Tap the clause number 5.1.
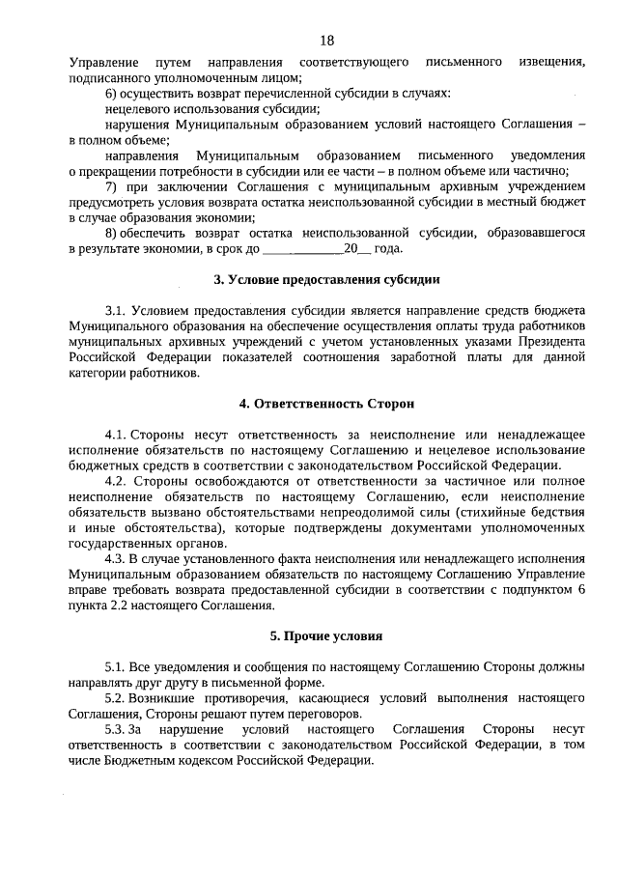[116, 667]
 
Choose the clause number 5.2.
[116, 697]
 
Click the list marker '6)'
[111, 94]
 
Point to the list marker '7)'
[111, 186]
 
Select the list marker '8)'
[111, 233]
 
